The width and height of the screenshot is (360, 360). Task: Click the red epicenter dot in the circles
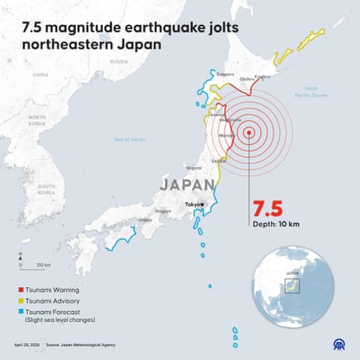(x=249, y=132)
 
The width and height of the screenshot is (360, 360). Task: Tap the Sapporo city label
(x=225, y=74)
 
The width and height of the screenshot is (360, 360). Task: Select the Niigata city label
(x=194, y=166)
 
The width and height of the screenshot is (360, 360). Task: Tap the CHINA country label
(x=41, y=75)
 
